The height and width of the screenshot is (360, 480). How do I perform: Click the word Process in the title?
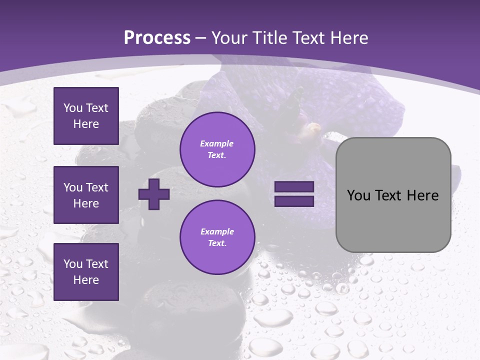(157, 38)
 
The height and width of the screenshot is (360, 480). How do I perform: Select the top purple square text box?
(86, 116)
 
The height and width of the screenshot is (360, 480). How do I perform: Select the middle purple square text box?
(86, 195)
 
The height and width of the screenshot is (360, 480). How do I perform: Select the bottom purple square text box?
(86, 272)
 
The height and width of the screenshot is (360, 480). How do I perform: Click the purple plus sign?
(154, 194)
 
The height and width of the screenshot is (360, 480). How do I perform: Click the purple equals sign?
(294, 194)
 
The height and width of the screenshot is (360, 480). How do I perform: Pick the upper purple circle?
(217, 149)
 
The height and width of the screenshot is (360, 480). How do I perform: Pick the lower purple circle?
(217, 237)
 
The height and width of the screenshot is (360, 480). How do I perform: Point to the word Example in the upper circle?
(217, 143)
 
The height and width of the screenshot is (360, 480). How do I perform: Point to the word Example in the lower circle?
(217, 231)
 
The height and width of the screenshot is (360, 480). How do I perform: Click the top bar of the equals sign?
(294, 187)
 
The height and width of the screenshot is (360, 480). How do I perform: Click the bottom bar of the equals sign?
(294, 201)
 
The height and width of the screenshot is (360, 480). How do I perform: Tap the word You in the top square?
(72, 108)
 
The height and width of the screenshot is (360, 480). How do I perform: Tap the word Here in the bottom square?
(86, 280)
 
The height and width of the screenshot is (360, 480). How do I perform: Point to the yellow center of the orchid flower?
(314, 128)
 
